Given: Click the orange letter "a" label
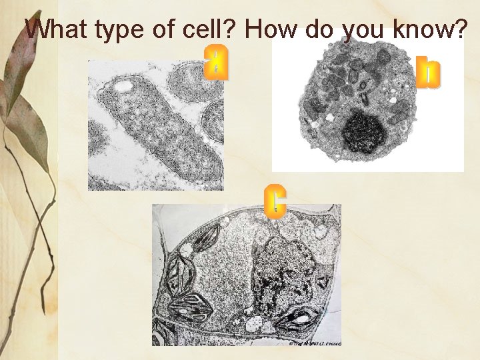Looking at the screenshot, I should tap(216, 63).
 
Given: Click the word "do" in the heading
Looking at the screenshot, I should tap(322, 29).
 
